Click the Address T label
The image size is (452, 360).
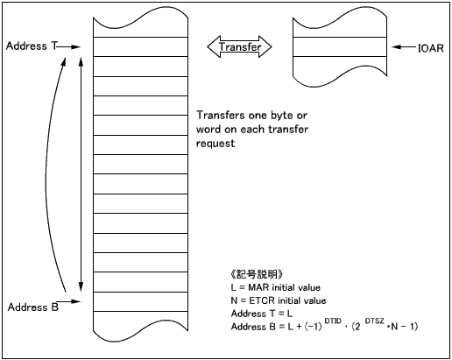(x=32, y=46)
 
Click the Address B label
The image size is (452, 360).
(x=33, y=307)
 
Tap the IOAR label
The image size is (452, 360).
(x=430, y=48)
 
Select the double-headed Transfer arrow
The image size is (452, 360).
(x=239, y=46)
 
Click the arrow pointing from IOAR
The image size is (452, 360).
(x=404, y=47)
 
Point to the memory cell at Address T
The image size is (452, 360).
(x=140, y=46)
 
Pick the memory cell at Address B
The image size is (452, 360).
(x=140, y=301)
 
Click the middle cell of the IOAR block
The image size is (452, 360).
(x=340, y=46)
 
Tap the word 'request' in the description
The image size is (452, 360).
(x=215, y=144)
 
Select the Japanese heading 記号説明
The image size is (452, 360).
(x=257, y=274)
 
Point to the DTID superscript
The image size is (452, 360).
(x=333, y=321)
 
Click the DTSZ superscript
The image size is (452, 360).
(x=374, y=321)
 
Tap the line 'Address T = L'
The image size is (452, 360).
(x=262, y=314)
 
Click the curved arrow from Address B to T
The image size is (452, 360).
(x=46, y=175)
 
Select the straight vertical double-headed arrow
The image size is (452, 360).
(x=81, y=174)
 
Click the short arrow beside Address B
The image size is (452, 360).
(x=68, y=301)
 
